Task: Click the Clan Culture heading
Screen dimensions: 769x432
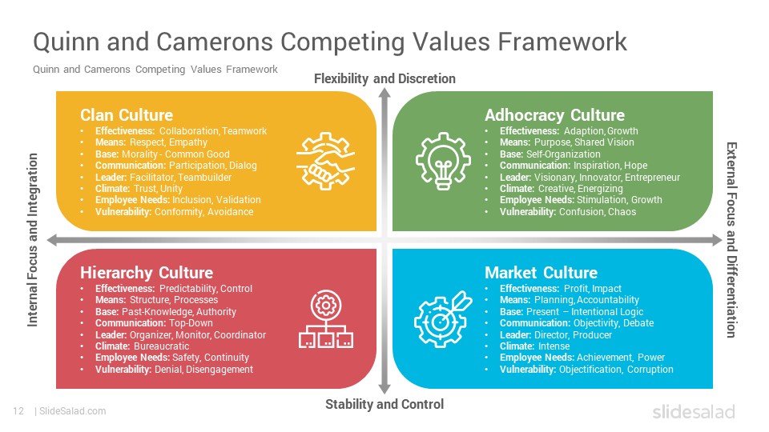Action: coord(127,115)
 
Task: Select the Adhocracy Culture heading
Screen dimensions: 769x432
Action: coord(554,115)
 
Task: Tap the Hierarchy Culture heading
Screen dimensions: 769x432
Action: coord(147,273)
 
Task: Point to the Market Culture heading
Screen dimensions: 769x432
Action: coord(541,273)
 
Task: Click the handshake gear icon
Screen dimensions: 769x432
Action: coord(326,161)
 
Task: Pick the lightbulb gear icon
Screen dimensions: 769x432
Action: coord(443,161)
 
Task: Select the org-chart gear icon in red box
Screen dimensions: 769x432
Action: coord(326,319)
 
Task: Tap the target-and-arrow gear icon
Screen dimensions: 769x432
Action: coord(443,319)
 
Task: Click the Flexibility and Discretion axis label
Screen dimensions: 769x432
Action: coord(384,79)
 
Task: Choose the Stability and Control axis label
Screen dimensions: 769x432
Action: coord(384,404)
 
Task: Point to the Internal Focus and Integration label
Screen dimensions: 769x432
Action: coord(32,239)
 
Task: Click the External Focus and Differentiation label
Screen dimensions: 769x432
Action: coord(731,240)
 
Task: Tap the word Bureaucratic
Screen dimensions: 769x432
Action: coord(161,346)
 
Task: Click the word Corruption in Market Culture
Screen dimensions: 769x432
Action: coord(650,370)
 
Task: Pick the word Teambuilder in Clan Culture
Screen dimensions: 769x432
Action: coord(204,178)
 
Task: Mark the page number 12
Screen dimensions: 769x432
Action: coord(18,411)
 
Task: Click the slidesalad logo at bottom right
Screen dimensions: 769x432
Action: coord(694,411)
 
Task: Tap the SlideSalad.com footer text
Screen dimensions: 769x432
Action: coord(73,411)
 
